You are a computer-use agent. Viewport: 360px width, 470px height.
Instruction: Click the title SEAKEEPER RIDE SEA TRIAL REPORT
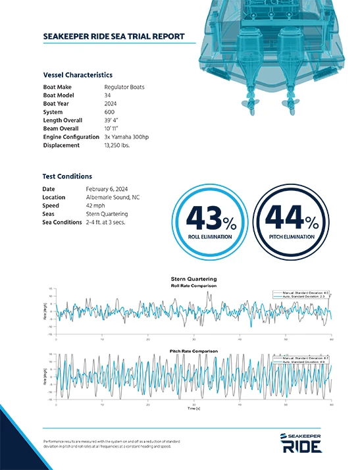click(113, 36)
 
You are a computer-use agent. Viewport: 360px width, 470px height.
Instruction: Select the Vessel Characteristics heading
click(77, 75)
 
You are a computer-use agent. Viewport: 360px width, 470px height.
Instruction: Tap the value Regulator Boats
click(124, 87)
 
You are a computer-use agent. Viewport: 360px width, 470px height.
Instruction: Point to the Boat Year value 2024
click(111, 104)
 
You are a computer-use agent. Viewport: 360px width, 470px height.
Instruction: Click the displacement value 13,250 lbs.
click(117, 145)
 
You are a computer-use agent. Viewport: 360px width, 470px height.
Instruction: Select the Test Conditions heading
click(67, 176)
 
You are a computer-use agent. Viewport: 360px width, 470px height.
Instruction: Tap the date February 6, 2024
click(107, 189)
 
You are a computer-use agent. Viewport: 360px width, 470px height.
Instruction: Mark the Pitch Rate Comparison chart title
click(193, 351)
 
